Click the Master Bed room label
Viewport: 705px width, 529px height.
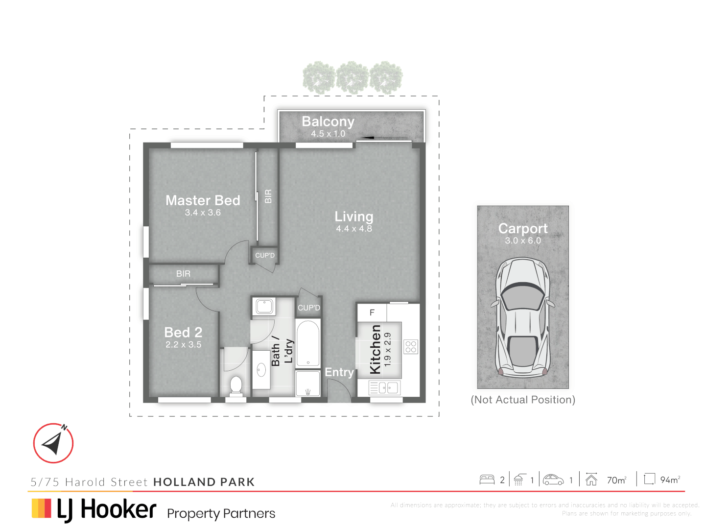[x=203, y=200]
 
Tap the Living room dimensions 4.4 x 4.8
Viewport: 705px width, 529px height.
[x=353, y=229]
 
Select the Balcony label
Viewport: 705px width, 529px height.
[x=328, y=121]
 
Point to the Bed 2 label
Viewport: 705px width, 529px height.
[x=183, y=332]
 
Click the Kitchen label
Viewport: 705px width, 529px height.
[x=375, y=349]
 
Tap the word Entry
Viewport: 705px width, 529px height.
[x=339, y=372]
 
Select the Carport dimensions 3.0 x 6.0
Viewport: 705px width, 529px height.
[x=523, y=240]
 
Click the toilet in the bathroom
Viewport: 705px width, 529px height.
[x=236, y=385]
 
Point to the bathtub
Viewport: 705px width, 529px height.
[x=308, y=343]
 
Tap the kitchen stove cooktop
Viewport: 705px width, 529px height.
[x=411, y=347]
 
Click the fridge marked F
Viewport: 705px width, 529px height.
[x=372, y=313]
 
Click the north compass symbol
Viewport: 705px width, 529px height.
[x=53, y=443]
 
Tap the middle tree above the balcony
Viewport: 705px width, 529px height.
[x=352, y=77]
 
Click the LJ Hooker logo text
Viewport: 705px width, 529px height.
[x=106, y=509]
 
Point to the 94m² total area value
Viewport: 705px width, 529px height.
[x=670, y=480]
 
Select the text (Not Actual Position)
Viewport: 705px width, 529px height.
[x=523, y=400]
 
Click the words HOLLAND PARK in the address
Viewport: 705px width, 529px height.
[x=204, y=482]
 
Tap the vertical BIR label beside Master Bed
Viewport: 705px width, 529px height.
[x=268, y=196]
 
